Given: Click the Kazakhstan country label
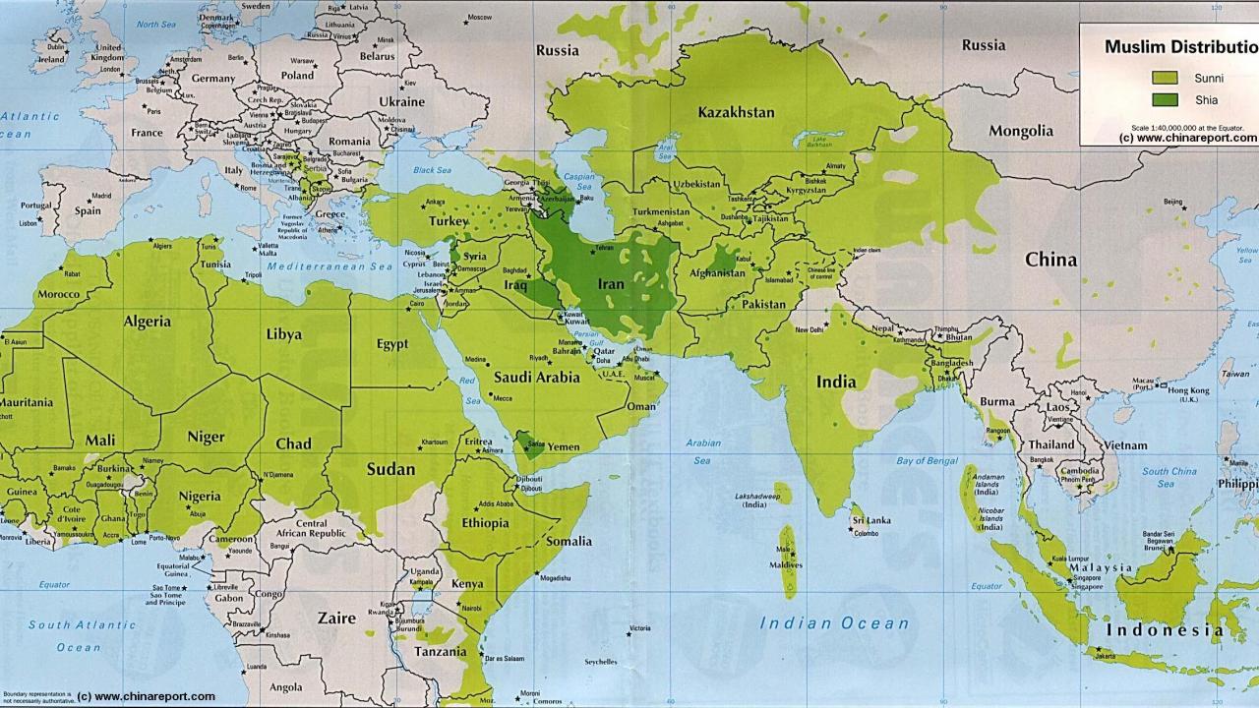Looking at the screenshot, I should click(x=736, y=112).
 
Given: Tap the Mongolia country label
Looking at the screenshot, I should click(x=1020, y=131).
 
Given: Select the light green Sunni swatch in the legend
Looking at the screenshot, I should click(x=1164, y=78).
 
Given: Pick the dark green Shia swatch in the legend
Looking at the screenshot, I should click(x=1164, y=99).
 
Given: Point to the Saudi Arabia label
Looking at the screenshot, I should click(x=536, y=377).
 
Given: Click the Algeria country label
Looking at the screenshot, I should click(x=147, y=322).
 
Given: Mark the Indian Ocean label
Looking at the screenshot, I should click(x=834, y=622).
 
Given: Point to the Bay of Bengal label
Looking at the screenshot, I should click(x=927, y=460).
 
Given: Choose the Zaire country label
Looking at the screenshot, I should click(x=336, y=619).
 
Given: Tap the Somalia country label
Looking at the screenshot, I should click(x=569, y=541).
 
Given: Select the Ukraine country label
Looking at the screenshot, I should click(x=401, y=101).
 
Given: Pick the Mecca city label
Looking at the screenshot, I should click(x=502, y=398).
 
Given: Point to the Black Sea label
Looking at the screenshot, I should click(x=431, y=170).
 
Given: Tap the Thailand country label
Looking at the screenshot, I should click(x=1051, y=444).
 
